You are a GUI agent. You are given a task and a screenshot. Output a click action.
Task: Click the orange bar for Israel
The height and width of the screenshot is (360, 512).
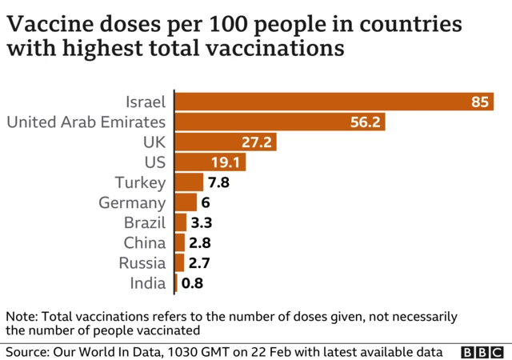pos(320,102)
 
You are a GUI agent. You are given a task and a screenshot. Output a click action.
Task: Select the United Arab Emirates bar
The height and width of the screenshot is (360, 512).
pos(280,122)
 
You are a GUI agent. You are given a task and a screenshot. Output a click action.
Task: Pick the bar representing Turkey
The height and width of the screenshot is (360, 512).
pos(189,182)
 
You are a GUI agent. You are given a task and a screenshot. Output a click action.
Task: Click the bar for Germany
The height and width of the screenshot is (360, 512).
pos(186,202)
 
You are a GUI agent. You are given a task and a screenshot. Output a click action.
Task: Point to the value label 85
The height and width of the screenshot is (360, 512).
pos(480,102)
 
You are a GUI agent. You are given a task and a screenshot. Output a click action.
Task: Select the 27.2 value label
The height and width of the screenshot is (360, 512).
pos(258,142)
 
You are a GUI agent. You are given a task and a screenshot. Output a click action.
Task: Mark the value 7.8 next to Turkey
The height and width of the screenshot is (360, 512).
pos(219,182)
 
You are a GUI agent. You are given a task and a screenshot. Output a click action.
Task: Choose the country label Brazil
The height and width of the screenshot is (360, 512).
pos(145,222)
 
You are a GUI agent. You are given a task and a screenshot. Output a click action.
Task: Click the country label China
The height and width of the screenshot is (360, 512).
pos(145,242)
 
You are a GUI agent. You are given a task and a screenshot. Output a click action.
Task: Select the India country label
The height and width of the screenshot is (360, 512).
pos(148,283)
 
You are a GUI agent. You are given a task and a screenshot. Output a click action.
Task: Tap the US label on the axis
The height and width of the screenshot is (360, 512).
pos(154,162)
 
